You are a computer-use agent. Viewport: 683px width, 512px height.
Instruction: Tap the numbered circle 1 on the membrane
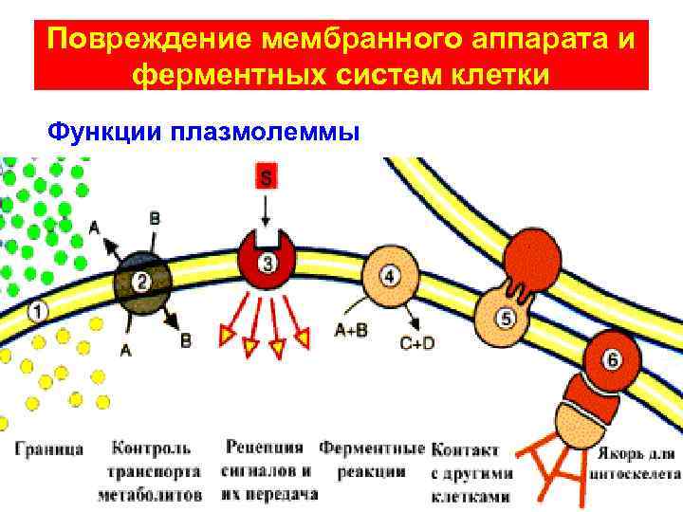tap(37, 310)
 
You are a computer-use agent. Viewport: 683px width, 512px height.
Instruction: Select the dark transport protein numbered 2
tap(142, 280)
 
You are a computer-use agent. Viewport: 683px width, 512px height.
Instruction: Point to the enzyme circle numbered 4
tap(390, 275)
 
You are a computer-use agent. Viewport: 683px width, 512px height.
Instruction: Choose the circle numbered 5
tap(506, 318)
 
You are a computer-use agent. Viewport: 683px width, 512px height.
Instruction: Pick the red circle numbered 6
tap(613, 360)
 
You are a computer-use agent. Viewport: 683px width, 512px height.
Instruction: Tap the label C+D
tap(416, 344)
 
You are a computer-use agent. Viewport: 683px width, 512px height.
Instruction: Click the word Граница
tap(49, 448)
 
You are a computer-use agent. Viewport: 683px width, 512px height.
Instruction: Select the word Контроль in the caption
tap(151, 448)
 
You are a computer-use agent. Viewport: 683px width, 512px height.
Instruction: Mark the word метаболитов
tap(150, 494)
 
